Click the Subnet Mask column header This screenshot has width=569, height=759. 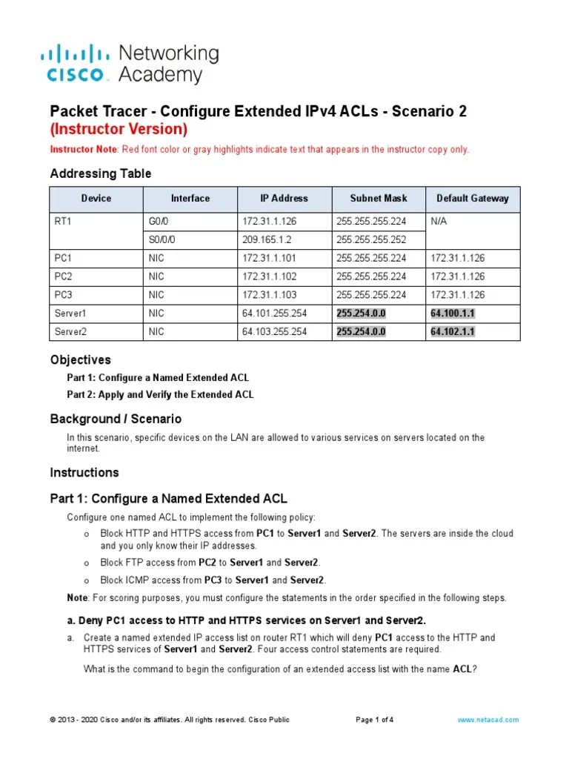coord(379,199)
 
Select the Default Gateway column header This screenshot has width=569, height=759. coord(473,199)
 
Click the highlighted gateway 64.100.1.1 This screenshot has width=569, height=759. coord(453,314)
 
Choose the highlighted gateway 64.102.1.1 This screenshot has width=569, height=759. coord(453,331)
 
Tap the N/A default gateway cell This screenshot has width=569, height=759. coord(440,221)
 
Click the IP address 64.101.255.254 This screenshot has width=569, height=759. coord(274,314)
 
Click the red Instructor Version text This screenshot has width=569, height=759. coord(119,129)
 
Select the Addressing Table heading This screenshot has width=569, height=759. coord(100,173)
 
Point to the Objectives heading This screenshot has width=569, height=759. coord(80,359)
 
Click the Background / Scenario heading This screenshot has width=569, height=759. coord(115,419)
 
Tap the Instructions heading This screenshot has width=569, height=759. coord(84,472)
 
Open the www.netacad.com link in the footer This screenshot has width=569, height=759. coord(488,720)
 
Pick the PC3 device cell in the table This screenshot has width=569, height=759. coord(64,295)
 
